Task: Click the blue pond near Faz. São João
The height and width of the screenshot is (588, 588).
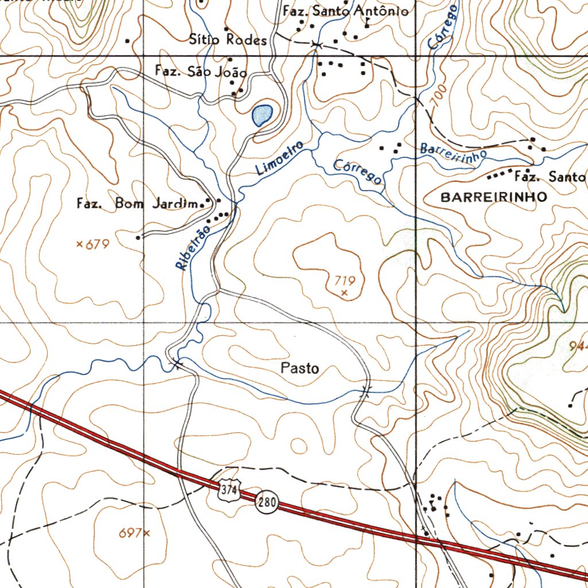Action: (261, 115)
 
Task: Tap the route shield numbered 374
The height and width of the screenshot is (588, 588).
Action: (229, 489)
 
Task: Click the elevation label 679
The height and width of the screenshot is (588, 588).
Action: (97, 245)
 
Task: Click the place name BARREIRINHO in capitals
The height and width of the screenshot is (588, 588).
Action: (493, 197)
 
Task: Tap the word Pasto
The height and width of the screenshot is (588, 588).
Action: (300, 368)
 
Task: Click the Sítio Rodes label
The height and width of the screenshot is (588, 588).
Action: (228, 40)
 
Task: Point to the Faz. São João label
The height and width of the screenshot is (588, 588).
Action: (201, 72)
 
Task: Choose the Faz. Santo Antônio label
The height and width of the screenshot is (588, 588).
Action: (346, 11)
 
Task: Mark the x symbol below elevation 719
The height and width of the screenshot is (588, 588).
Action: (344, 292)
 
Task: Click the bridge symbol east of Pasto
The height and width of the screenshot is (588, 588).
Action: (365, 391)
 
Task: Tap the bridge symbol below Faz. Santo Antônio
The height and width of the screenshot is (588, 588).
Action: (315, 44)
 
